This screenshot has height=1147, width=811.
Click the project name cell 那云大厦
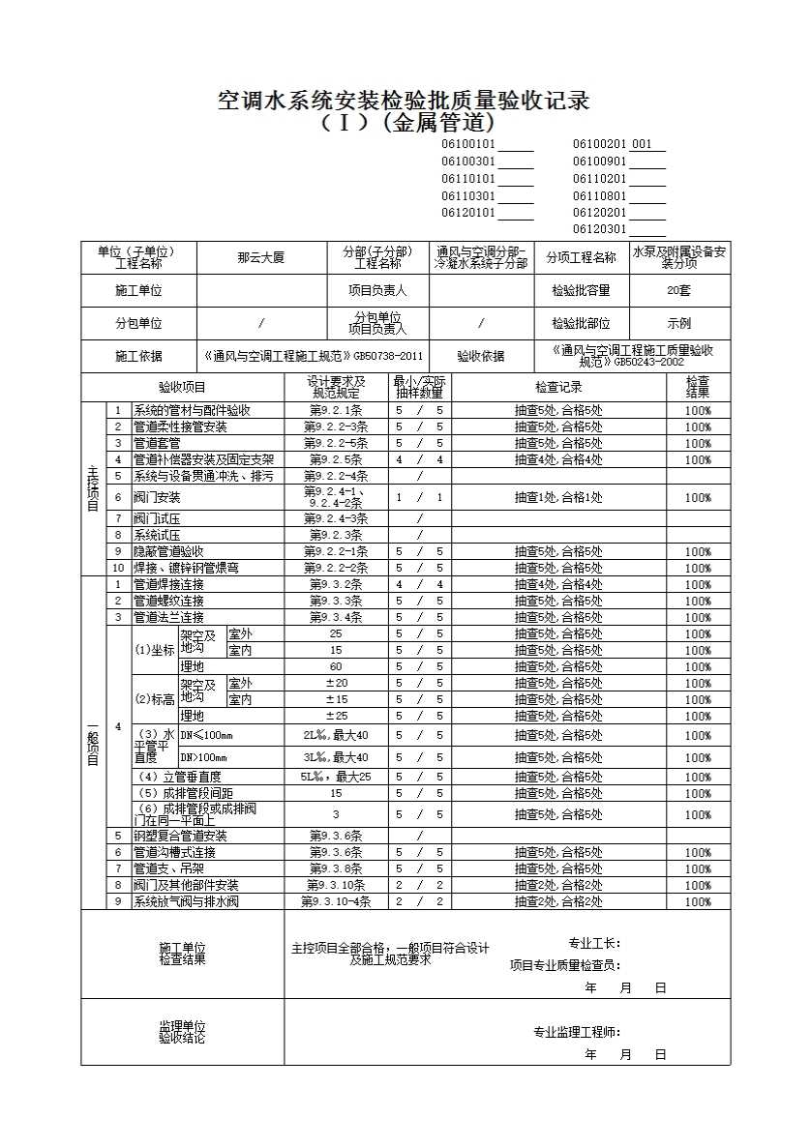(260, 258)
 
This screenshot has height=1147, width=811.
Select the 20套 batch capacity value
(678, 290)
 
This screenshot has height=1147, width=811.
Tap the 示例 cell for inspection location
(678, 324)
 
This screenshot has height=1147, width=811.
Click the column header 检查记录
(558, 387)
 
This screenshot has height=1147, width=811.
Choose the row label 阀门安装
(157, 497)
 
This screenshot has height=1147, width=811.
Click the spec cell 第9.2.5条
(335, 459)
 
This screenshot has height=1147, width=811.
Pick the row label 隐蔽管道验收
(167, 551)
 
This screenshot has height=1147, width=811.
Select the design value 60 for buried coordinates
(335, 666)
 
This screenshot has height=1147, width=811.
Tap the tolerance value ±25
(335, 716)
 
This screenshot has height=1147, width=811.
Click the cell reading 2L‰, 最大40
(335, 735)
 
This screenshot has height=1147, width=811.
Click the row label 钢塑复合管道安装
(180, 836)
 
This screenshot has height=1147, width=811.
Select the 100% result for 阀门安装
(698, 497)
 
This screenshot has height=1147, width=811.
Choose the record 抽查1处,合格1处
(558, 497)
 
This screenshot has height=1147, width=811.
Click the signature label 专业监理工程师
(577, 1032)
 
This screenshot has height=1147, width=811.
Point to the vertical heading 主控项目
(93, 488)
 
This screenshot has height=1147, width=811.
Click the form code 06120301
(601, 230)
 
